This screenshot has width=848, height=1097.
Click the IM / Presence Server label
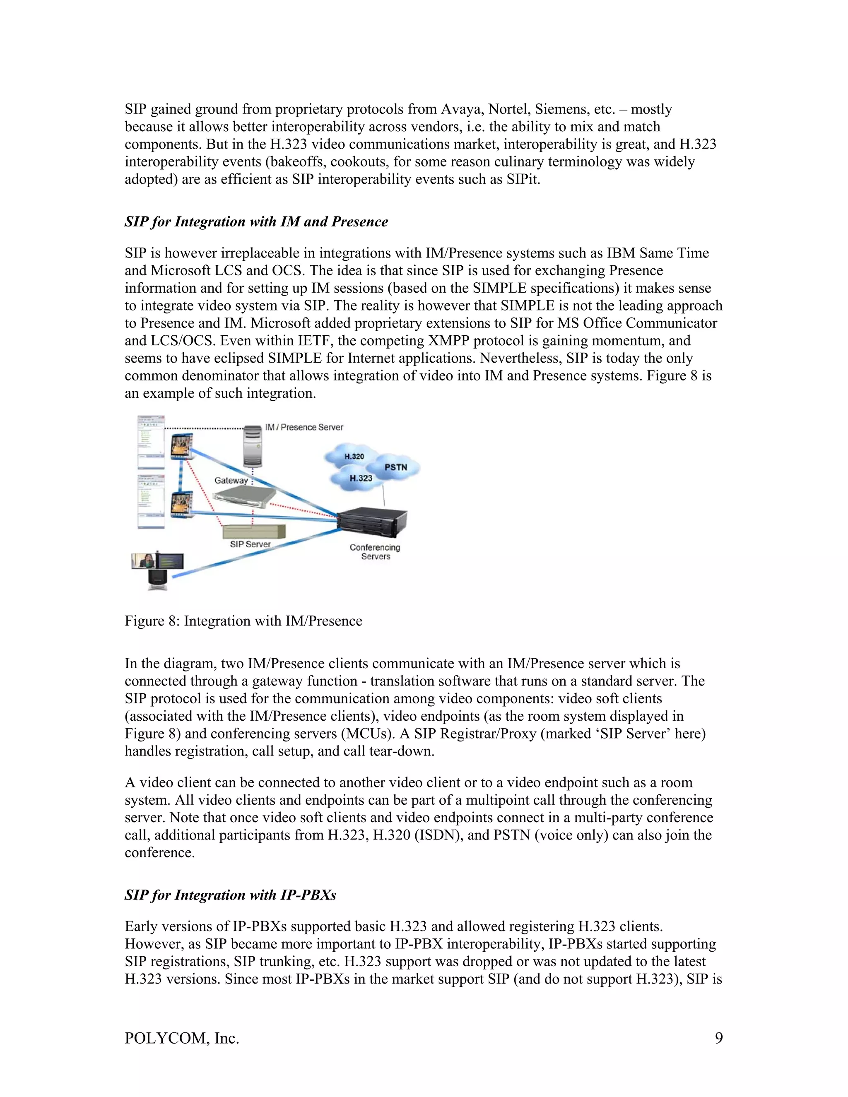pyautogui.click(x=304, y=428)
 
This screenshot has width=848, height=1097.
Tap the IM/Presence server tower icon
pyautogui.click(x=253, y=445)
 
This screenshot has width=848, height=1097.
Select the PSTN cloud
pyautogui.click(x=396, y=468)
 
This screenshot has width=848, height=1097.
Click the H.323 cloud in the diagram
pyautogui.click(x=360, y=478)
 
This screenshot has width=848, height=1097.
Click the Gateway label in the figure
pyautogui.click(x=231, y=481)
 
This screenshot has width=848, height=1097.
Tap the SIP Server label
pyautogui.click(x=250, y=544)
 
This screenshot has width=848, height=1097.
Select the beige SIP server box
pyautogui.click(x=254, y=532)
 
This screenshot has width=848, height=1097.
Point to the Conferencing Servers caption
pyautogui.click(x=375, y=552)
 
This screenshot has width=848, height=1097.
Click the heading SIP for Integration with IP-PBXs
pyautogui.click(x=230, y=895)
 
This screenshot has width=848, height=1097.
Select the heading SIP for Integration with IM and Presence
pyautogui.click(x=256, y=222)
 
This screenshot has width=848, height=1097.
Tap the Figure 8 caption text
pyautogui.click(x=243, y=621)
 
